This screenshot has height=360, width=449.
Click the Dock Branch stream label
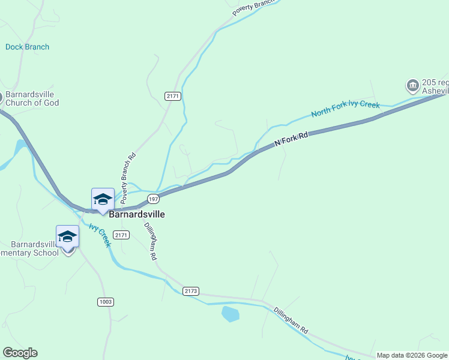(28, 47)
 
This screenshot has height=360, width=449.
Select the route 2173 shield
(190, 291)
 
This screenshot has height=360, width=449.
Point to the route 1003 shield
(105, 302)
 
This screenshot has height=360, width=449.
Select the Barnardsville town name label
(137, 214)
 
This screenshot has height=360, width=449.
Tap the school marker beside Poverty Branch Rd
(103, 199)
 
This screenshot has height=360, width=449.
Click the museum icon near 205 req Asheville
(412, 86)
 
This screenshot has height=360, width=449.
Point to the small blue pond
(231, 313)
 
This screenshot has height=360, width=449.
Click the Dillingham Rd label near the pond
(291, 321)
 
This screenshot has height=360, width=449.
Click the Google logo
(20, 353)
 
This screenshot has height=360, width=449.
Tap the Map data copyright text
(411, 355)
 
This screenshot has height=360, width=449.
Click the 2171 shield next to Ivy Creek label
(121, 235)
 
